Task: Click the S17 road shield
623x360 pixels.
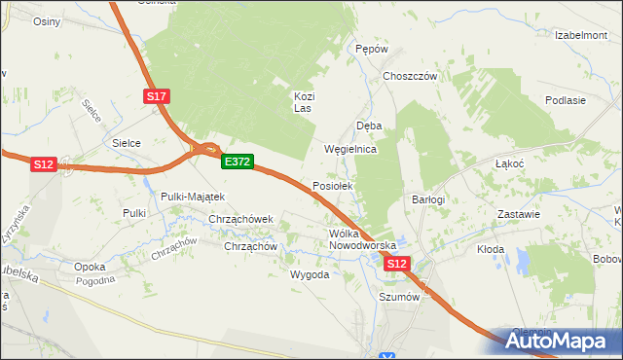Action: (x=159, y=95)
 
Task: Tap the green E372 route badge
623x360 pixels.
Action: (x=238, y=162)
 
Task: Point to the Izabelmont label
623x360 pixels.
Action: (x=581, y=35)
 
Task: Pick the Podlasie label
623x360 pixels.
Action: (x=566, y=100)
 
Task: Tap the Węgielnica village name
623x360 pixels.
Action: (x=349, y=150)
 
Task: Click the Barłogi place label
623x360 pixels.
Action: (x=427, y=199)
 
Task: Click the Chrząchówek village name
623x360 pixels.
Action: (x=244, y=219)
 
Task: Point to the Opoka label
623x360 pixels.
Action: (x=90, y=266)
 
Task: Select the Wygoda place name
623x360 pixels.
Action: (x=310, y=274)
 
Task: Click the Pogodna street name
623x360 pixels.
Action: (x=94, y=279)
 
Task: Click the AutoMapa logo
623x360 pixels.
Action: (x=558, y=341)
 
